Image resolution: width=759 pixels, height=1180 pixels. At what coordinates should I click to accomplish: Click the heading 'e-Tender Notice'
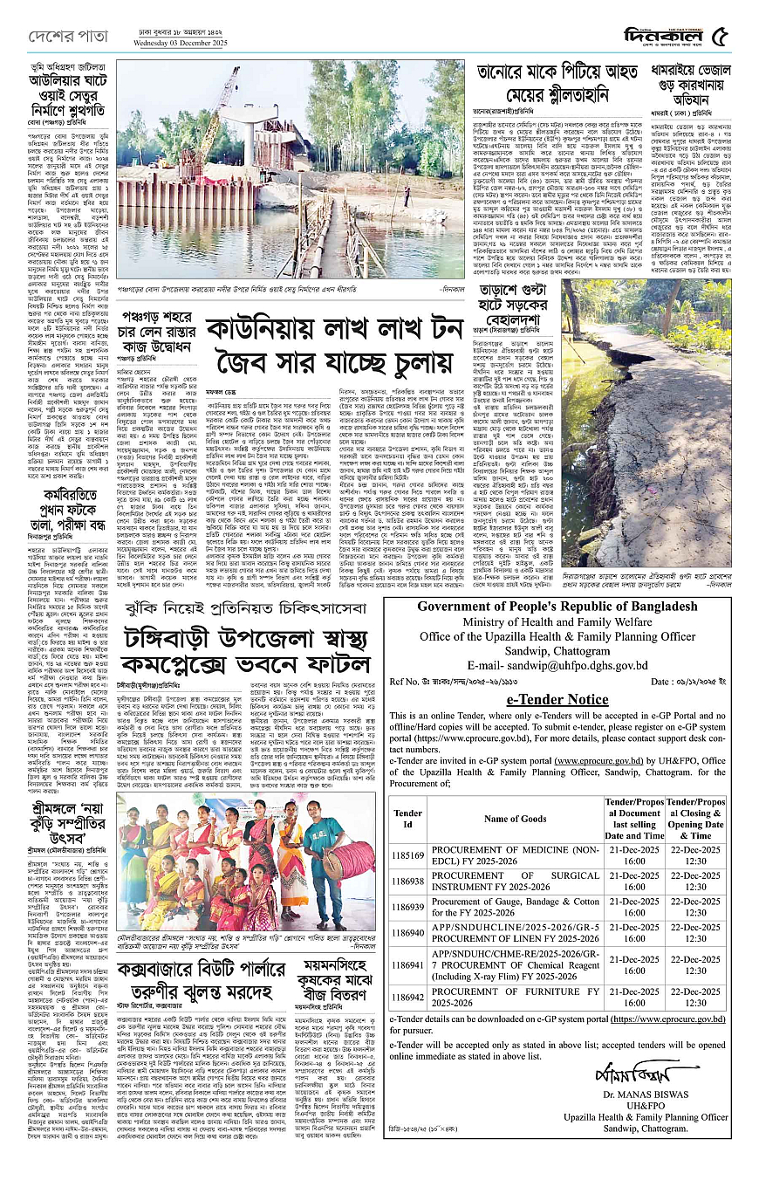click(x=557, y=700)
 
